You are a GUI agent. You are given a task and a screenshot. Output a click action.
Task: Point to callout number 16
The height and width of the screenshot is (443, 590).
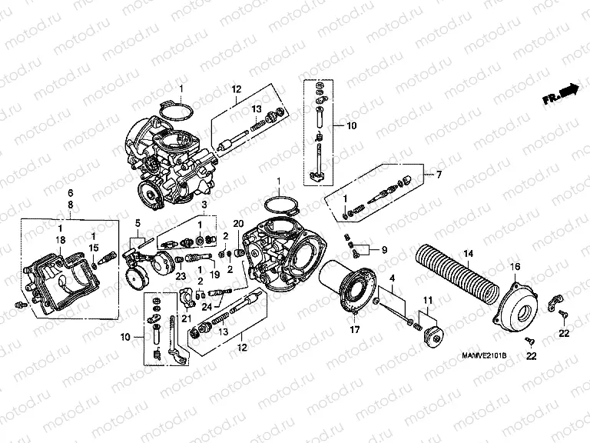click(515, 266)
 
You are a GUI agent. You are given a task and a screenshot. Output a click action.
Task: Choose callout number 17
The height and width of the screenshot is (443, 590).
click(355, 331)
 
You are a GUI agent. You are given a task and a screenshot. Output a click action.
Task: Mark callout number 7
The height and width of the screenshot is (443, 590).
click(439, 175)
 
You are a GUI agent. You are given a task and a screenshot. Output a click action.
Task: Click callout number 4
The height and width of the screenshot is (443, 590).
click(391, 278)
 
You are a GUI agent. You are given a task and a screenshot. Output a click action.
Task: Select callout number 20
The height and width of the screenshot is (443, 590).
click(238, 223)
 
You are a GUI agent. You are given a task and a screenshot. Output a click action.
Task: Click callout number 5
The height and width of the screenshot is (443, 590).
click(138, 224)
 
